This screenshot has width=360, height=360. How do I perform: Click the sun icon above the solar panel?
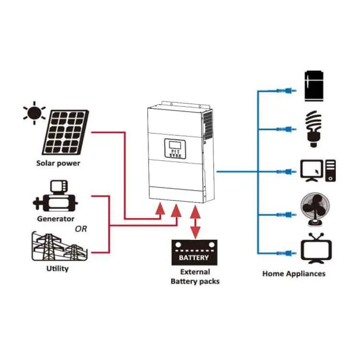[34, 113]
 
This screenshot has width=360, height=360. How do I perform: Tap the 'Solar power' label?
[58, 163]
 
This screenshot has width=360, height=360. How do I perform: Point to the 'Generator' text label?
[56, 219]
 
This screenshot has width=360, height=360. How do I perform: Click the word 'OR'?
[81, 229]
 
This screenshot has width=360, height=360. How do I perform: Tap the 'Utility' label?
[57, 268]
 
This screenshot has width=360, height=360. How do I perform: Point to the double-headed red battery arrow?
[195, 222]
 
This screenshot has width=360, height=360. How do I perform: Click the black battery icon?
[194, 252]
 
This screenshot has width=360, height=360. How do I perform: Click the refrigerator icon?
[314, 88]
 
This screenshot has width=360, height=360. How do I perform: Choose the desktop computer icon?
[316, 170]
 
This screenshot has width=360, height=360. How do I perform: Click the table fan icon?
[315, 210]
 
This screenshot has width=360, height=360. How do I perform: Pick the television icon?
[315, 249]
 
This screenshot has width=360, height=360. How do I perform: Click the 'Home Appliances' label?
[294, 274]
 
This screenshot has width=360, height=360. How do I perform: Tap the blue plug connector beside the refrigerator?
[287, 90]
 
